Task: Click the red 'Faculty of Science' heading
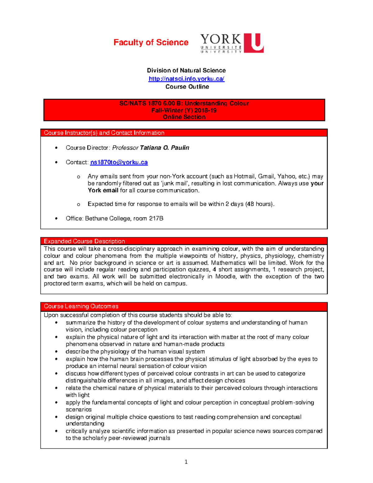[151, 42]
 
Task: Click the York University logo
[232, 43]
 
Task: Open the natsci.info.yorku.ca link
[186, 79]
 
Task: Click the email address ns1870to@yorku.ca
[119, 162]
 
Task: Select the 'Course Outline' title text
[187, 87]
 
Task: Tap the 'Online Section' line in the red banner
[184, 117]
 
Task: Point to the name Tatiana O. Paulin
[164, 148]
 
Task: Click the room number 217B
[156, 219]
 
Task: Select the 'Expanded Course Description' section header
[84, 241]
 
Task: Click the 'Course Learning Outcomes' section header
[81, 306]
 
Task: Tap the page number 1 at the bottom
[186, 462]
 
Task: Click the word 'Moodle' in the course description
[225, 276]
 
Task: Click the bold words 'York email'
[103, 190]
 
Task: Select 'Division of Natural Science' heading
[186, 70]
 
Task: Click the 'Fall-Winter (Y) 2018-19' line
[184, 110]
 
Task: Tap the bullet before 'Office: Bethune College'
[56, 219]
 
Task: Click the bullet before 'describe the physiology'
[56, 352]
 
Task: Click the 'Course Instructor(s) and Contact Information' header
[104, 133]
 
